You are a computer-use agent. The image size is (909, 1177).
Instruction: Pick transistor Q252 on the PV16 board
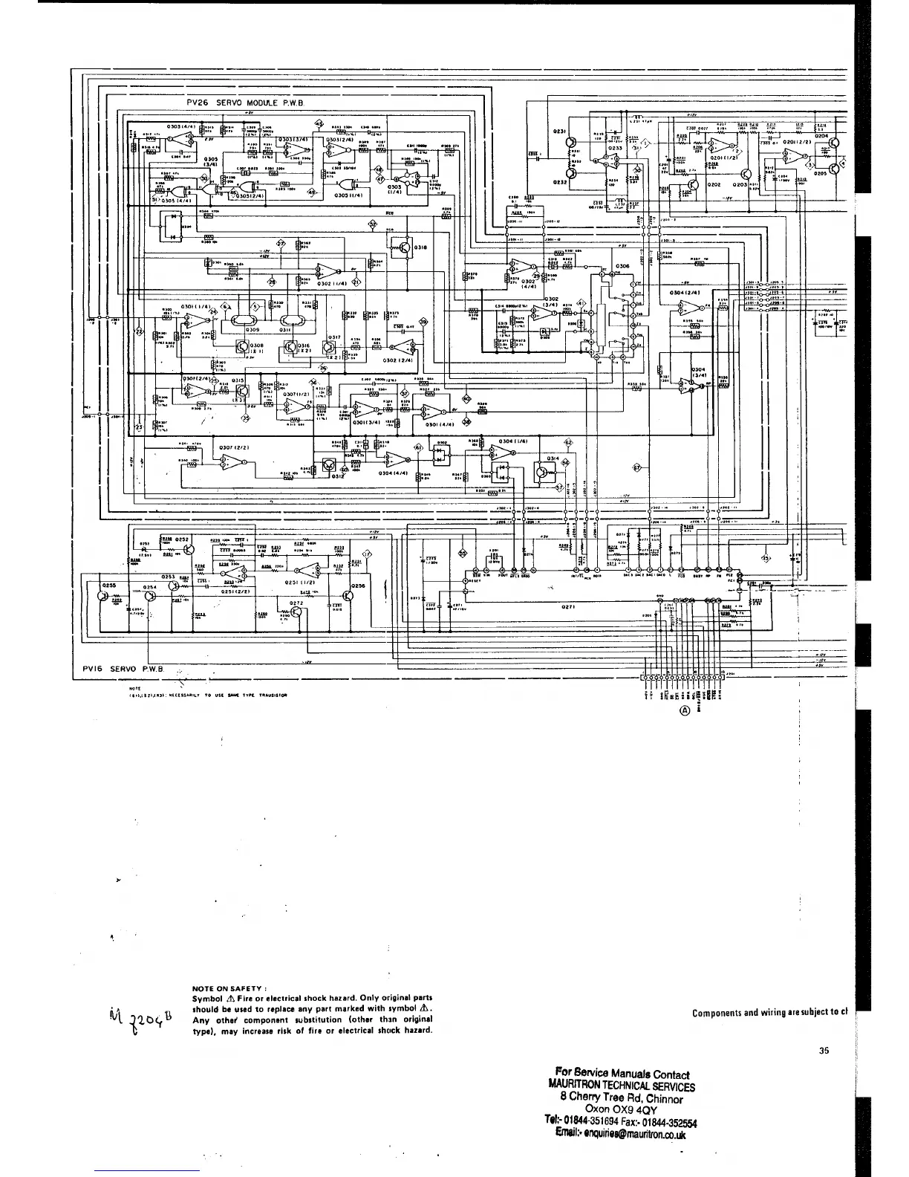point(189,548)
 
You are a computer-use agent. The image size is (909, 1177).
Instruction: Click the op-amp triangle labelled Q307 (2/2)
point(226,464)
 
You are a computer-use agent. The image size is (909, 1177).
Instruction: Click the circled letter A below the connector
point(685,708)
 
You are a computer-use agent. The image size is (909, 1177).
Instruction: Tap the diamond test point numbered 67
point(636,467)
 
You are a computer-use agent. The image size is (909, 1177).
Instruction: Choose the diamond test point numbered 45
point(319,123)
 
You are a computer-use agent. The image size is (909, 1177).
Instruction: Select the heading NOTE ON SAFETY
point(228,988)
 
